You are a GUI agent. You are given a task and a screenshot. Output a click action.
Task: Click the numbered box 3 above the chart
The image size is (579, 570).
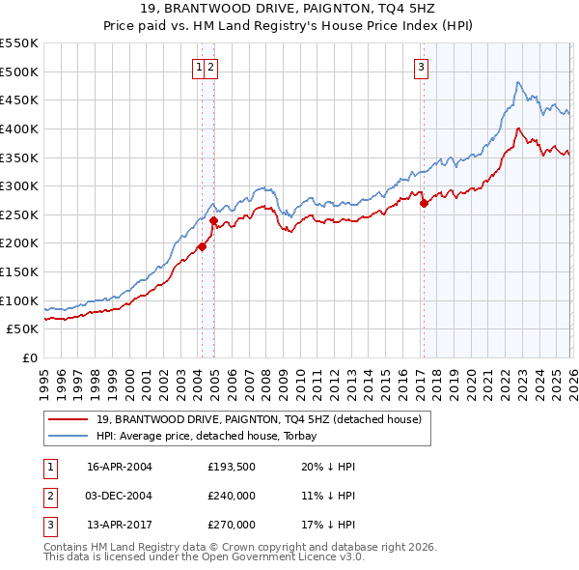423,67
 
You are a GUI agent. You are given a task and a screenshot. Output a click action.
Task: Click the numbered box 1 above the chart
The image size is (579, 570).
198,67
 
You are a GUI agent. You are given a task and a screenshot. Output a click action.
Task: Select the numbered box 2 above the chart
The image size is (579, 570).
209,67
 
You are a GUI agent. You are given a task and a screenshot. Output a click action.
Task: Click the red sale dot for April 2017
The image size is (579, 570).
424,204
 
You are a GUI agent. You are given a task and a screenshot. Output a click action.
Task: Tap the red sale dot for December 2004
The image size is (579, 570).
213,221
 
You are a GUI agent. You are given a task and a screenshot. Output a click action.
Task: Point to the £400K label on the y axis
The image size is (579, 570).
22,128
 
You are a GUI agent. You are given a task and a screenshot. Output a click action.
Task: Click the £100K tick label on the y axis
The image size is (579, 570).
22,300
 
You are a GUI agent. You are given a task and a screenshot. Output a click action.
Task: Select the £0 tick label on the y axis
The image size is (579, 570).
30,357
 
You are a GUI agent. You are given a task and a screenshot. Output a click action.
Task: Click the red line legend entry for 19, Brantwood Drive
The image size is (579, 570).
259,420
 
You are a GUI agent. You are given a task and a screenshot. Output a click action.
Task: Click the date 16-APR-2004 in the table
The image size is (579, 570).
120,467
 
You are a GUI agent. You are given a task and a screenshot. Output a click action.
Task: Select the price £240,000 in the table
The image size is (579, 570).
232,496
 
